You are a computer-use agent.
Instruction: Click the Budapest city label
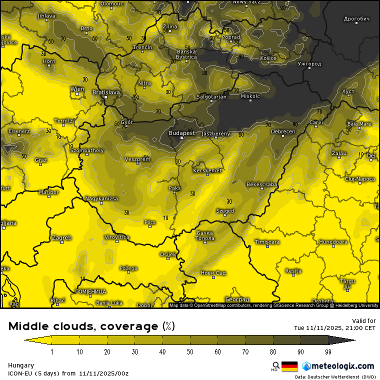182,133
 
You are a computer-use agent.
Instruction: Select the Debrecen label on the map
283,131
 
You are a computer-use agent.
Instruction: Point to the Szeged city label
225,211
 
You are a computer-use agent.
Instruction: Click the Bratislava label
106,92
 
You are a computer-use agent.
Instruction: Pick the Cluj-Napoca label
360,178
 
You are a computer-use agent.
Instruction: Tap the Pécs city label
149,222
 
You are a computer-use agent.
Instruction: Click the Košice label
268,58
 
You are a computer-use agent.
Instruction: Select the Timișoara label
267,242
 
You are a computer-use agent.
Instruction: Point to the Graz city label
41,160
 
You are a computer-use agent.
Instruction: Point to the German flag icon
289,366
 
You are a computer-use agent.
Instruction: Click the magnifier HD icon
275,366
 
